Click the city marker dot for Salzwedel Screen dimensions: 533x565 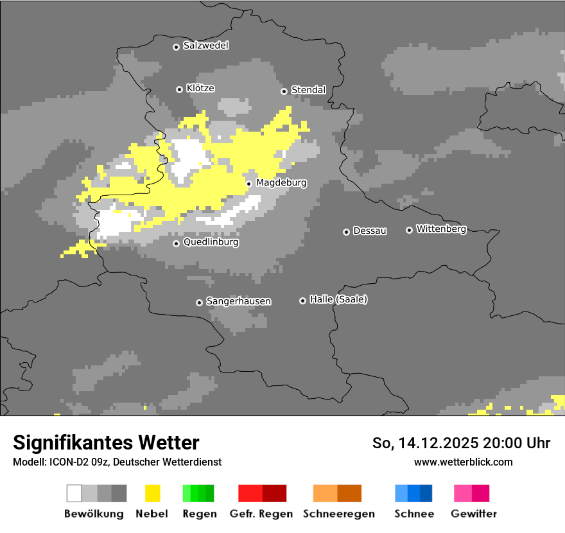tap(176, 47)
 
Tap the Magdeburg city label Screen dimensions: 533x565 tap(281, 183)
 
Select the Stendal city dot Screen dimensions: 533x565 tap(284, 91)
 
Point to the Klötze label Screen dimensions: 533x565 tap(200, 89)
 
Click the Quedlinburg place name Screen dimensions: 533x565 tap(211, 243)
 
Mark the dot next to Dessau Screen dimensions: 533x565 tap(346, 232)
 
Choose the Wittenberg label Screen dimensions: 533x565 tap(441, 229)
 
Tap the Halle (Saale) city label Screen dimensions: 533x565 tap(338, 300)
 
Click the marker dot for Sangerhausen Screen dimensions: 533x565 tap(199, 302)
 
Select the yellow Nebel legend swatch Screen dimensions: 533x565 tap(152, 493)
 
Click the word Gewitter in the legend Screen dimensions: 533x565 tap(474, 514)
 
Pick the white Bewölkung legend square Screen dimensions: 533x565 tap(74, 493)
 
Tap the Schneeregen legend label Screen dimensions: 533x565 tap(339, 514)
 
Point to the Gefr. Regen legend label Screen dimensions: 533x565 tap(261, 514)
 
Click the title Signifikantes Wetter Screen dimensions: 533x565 tap(106, 442)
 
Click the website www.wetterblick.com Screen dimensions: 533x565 tap(464, 462)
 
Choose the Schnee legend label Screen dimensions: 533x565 tap(414, 514)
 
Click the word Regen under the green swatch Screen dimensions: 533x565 tap(200, 514)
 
